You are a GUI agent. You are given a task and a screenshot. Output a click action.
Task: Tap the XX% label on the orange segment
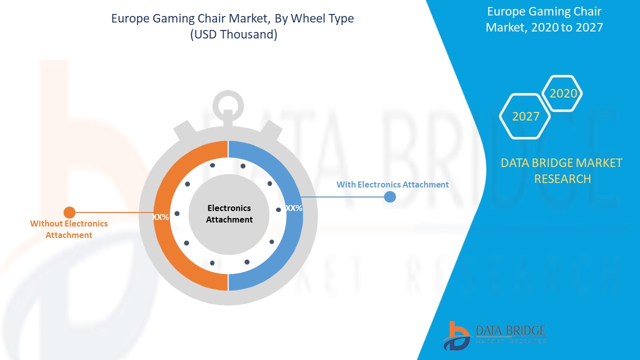(160, 217)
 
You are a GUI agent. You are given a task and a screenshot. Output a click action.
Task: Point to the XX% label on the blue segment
(294, 208)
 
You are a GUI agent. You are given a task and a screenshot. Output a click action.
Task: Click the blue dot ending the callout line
(389, 196)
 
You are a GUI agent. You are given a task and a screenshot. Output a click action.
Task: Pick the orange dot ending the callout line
(69, 212)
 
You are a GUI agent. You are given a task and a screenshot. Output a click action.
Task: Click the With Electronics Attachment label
(392, 184)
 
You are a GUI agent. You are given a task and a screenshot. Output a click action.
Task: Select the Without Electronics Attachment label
(69, 229)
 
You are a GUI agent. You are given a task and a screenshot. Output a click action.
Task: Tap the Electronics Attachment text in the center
(229, 213)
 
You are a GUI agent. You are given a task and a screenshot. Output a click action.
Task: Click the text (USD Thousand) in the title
(233, 34)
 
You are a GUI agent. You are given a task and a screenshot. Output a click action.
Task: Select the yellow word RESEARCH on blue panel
(562, 179)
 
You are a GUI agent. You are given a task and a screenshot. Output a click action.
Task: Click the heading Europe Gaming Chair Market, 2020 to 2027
(544, 19)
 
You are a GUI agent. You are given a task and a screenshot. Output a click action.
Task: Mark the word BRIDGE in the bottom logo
(528, 330)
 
